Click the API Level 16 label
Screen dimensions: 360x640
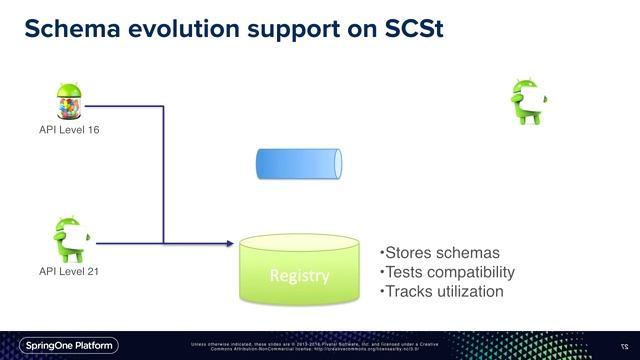[69, 130]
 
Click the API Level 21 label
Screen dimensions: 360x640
[69, 271]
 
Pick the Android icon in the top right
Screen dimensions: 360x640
[529, 100]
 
